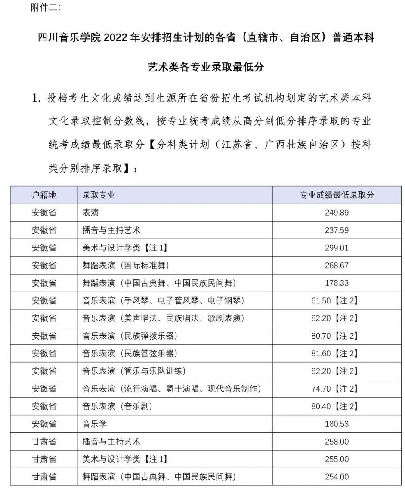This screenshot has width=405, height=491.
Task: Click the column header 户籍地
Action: [x=44, y=195]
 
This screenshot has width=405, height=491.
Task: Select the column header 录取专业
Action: [x=99, y=195]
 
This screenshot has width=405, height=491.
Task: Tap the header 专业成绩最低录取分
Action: [x=337, y=195]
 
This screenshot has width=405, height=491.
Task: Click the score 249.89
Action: [x=337, y=213]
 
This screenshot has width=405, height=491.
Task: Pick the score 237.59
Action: [x=337, y=230]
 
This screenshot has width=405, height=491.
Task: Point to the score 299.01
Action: [x=337, y=248]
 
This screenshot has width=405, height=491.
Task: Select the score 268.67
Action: [x=337, y=266]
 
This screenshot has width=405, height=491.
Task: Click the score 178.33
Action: [x=337, y=283]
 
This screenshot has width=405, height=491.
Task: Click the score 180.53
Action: [x=337, y=424]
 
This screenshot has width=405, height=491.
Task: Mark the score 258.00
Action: [x=337, y=442]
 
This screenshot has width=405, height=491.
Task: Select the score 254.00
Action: [x=337, y=477]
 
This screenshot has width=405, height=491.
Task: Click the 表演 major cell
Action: [x=91, y=213]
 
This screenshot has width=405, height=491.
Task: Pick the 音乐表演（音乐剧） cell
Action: [x=117, y=407]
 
